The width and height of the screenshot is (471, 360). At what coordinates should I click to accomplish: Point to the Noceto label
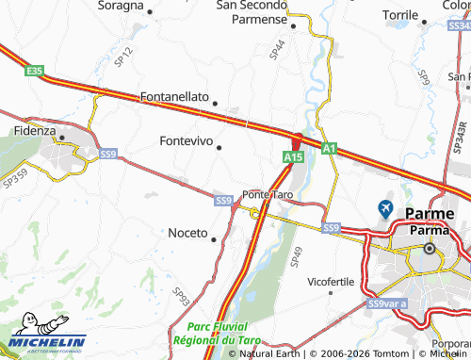point(187,233)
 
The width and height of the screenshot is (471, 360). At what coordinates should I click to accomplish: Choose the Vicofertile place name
point(331,281)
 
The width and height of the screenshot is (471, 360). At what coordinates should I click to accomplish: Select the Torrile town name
point(400,15)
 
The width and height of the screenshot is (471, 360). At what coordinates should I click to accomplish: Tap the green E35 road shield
point(35,71)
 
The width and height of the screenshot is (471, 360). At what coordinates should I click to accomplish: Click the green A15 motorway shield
point(292,157)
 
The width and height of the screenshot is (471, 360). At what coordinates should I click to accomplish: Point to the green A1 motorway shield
point(328,148)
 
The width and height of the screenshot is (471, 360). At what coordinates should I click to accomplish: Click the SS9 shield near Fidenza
point(108,153)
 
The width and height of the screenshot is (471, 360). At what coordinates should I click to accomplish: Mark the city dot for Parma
point(430,249)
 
